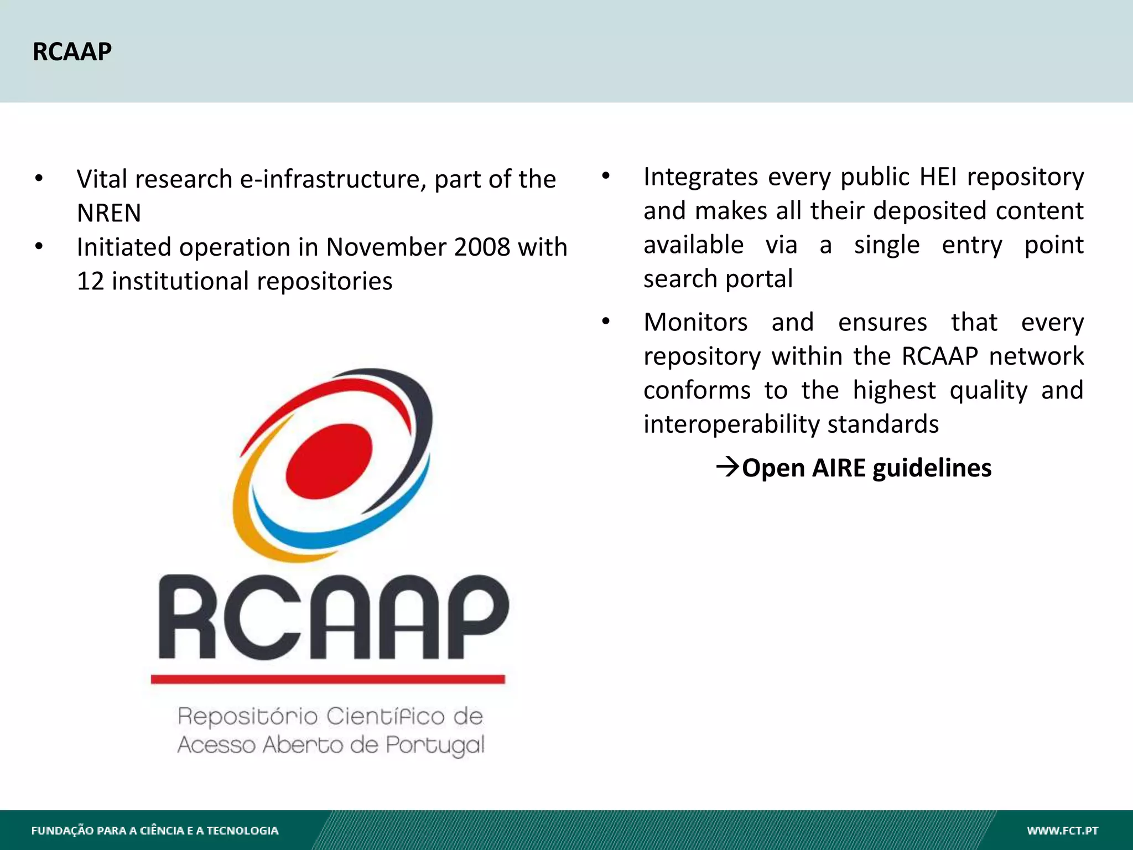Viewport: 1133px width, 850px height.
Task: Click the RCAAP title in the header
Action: pos(72,52)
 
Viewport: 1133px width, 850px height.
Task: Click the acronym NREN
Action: pos(109,213)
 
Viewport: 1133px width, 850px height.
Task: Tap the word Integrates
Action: pos(700,177)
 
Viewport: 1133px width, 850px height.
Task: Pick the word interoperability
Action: pos(731,424)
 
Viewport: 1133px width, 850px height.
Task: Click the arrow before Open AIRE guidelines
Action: pos(727,468)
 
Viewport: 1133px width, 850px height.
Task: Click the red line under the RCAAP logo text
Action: pos(328,679)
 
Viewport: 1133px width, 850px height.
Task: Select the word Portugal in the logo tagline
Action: pos(435,745)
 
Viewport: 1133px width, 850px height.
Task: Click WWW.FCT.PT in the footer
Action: pos(1062,831)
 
